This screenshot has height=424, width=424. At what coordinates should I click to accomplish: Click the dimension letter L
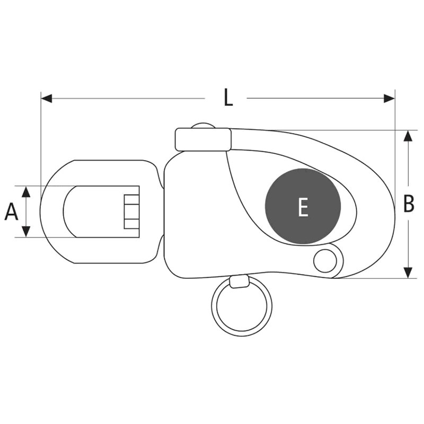click(x=228, y=98)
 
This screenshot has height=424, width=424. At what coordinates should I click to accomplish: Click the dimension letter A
click(x=11, y=212)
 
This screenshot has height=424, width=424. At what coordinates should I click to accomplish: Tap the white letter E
click(x=303, y=207)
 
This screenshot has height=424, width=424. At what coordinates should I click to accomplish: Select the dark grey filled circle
click(x=303, y=206)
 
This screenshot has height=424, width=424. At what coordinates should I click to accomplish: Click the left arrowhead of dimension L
click(x=47, y=99)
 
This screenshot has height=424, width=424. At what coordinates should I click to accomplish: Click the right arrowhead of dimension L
click(x=389, y=99)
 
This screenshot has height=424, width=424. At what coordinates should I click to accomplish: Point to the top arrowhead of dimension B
click(x=408, y=136)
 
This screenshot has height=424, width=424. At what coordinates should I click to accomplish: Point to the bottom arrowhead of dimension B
click(x=408, y=273)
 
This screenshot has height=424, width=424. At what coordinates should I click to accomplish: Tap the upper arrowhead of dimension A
click(x=26, y=191)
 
